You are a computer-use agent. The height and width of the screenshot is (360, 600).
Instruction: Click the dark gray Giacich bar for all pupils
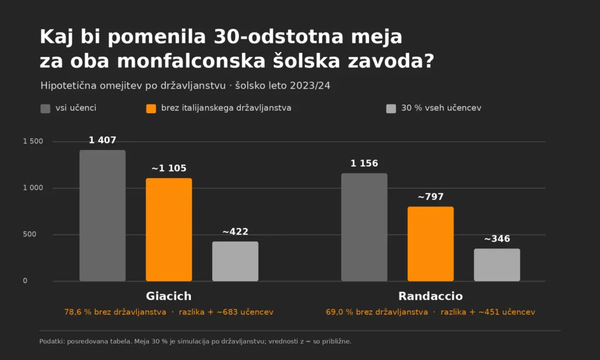point(103,216)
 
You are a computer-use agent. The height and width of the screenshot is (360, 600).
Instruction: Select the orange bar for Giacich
point(169,230)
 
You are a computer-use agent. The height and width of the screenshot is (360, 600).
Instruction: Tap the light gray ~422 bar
point(236,261)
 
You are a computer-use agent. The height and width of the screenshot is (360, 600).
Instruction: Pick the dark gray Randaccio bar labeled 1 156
point(364,227)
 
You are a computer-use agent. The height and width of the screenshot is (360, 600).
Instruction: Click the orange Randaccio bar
point(431,244)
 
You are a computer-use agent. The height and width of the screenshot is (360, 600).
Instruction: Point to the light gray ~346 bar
point(497,265)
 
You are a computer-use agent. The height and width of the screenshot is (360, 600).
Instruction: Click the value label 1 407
point(103,140)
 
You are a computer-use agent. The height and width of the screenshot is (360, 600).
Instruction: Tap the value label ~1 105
point(169,168)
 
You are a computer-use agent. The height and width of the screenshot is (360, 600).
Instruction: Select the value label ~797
point(431,197)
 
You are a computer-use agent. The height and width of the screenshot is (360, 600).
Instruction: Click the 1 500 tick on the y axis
point(33,141)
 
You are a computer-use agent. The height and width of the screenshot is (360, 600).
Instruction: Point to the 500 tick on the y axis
point(29,235)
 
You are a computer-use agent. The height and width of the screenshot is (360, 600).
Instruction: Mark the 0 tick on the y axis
point(25,281)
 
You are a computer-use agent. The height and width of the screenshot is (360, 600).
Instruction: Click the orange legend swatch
point(151,109)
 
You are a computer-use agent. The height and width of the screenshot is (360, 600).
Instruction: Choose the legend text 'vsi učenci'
point(76,108)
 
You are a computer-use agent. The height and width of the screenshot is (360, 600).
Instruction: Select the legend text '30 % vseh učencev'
point(441,108)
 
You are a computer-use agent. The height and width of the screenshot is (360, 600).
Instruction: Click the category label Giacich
point(169,296)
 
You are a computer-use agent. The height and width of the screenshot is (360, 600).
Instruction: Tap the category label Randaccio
point(431,296)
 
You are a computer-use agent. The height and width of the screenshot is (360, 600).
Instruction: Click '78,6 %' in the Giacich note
point(78,312)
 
